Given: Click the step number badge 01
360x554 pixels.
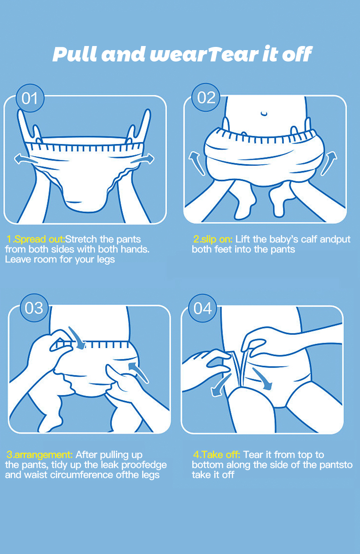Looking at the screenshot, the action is point(30,98).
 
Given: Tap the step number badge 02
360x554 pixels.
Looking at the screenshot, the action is point(206,97).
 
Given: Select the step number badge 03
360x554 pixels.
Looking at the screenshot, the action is point(34,308).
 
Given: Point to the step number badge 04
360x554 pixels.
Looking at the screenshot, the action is point(203,308).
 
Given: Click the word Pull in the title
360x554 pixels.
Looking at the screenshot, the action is point(74,54).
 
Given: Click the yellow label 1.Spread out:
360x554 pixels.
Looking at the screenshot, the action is point(36,239).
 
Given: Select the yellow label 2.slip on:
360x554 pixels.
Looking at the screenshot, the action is point(213,239).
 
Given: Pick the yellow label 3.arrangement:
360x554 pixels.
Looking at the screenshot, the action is point(40,455).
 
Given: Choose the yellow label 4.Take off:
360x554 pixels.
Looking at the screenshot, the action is point(217,455).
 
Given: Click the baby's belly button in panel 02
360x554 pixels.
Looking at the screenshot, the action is point(264,114).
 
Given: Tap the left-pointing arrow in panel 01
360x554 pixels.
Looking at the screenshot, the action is point(25,159).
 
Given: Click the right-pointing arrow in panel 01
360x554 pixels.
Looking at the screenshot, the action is point(143,159).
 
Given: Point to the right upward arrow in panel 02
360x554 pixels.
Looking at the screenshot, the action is point(329,163).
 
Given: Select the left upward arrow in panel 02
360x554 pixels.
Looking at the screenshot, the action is point(197,164).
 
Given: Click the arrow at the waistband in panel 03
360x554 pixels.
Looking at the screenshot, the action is point(77,338).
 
